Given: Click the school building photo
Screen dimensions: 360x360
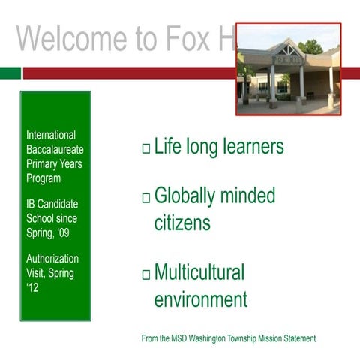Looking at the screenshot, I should tap(289, 69).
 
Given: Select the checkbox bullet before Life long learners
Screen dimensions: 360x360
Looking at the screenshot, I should tap(145, 148).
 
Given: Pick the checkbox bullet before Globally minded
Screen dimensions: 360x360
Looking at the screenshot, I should tap(145, 198).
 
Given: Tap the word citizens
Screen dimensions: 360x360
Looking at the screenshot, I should tap(182, 223).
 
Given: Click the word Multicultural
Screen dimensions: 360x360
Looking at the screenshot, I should tap(199, 272).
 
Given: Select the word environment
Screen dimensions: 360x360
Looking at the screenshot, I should tap(200, 300).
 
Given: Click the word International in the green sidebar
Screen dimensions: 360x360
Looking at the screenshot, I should tap(51, 136).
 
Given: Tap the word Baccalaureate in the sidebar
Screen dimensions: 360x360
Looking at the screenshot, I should tap(55, 150).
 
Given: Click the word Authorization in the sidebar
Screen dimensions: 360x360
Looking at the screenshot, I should tap(52, 259).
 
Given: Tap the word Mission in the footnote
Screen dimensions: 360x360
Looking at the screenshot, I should tap(268, 339).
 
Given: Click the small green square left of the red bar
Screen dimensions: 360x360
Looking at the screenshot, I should tap(10, 73).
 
